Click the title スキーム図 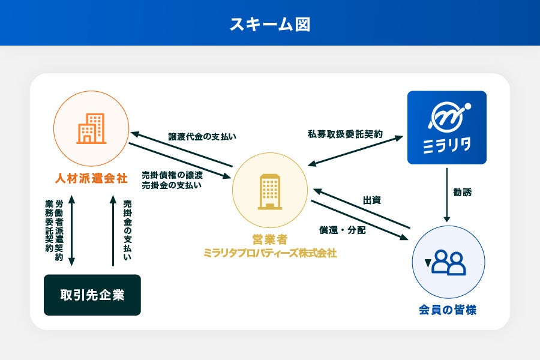[270, 24]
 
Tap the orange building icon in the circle [91, 129]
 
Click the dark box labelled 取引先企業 [92, 295]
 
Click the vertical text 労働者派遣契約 [59, 230]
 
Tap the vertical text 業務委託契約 [49, 226]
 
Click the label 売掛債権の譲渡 [172, 175]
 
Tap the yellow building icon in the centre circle [270, 191]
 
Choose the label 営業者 [270, 239]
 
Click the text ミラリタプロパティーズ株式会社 [270, 253]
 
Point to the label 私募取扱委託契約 [344, 134]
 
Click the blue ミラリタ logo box [446, 127]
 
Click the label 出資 [372, 200]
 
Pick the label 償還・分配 [343, 230]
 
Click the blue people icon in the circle [449, 262]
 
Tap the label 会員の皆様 [448, 311]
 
